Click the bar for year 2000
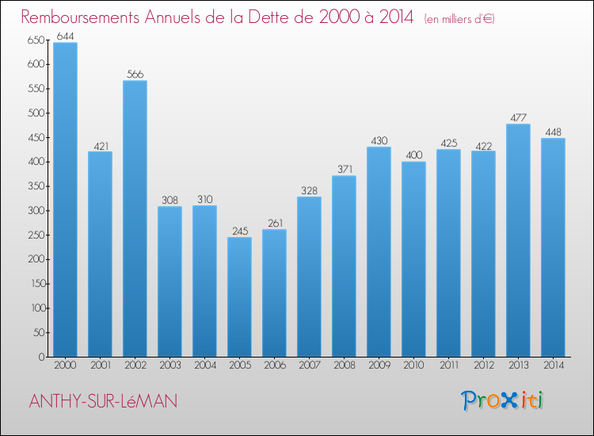pos(65,199)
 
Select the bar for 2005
pos(239,296)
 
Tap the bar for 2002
pos(135,218)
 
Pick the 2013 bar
pos(518,240)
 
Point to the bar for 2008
pos(344,266)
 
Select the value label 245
pos(239,231)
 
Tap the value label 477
pos(518,117)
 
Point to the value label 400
pos(413,155)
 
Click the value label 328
pos(309,190)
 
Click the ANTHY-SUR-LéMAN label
pos(103,401)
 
